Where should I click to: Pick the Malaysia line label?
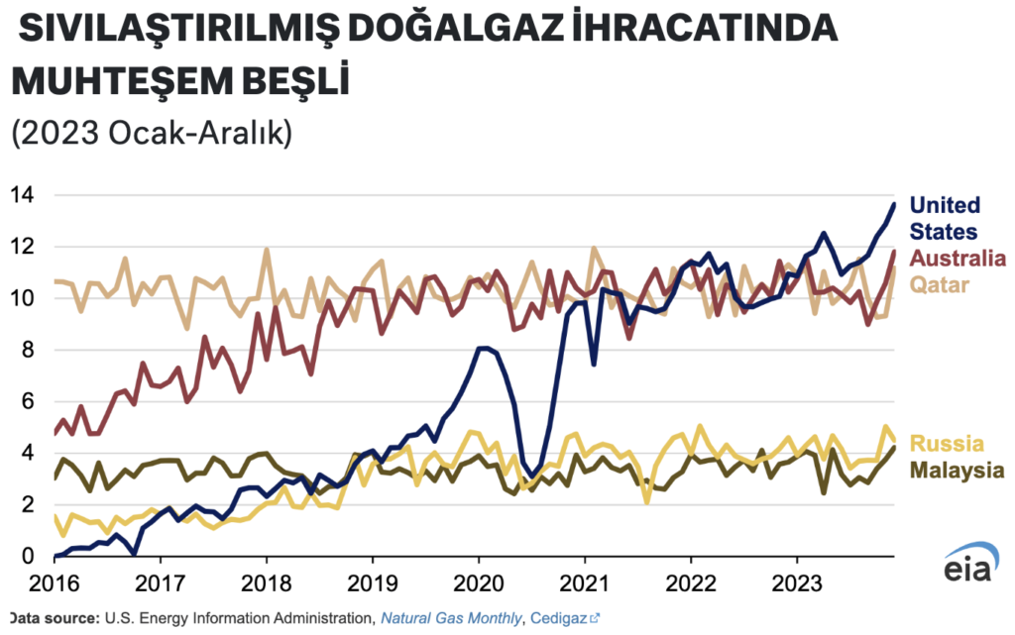tap(954, 469)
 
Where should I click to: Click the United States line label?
tap(945, 218)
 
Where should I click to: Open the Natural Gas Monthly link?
tap(452, 618)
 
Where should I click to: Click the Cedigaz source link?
tap(563, 618)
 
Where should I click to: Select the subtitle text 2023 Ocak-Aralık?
tap(151, 133)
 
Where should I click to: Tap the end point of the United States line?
tap(894, 204)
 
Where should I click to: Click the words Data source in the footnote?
tap(50, 618)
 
